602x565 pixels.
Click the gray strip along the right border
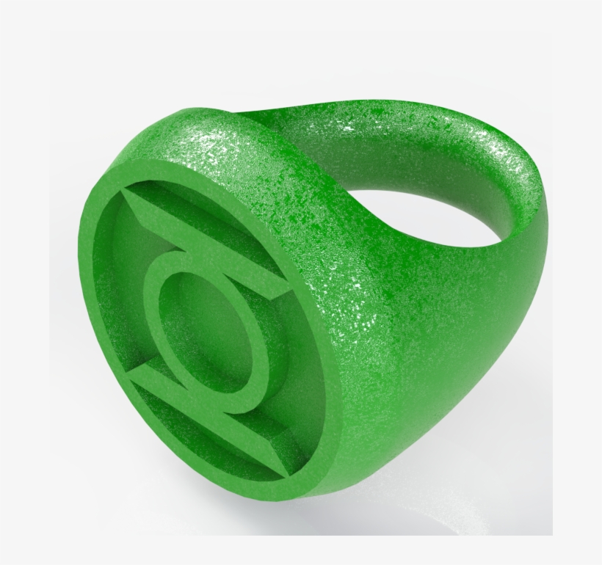point(577,294)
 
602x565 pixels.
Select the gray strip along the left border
point(25,294)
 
